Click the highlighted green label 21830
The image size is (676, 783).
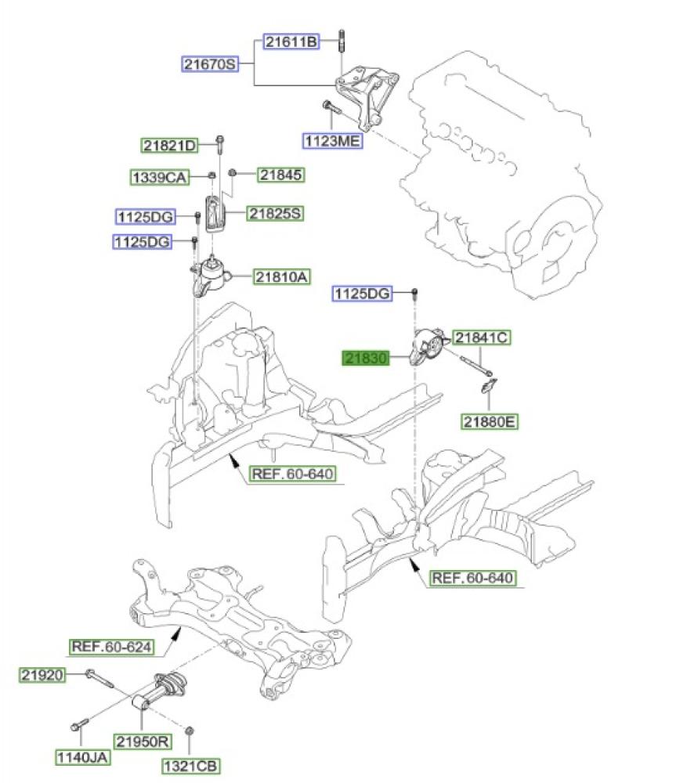(365, 359)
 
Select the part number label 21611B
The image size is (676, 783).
(291, 42)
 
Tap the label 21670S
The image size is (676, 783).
(210, 64)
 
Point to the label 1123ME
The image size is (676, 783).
(333, 141)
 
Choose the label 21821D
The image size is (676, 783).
(169, 145)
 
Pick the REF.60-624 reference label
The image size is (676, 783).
(111, 647)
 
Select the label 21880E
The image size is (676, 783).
(490, 423)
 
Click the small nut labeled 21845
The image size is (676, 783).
(233, 173)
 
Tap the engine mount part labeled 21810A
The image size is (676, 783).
(210, 278)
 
